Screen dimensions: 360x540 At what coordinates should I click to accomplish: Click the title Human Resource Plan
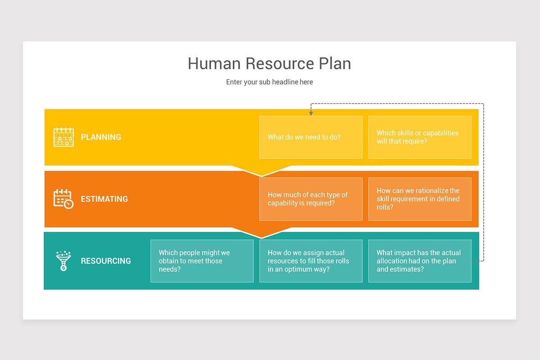pyautogui.click(x=269, y=63)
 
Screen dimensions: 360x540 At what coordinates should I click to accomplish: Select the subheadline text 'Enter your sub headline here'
pyautogui.click(x=269, y=82)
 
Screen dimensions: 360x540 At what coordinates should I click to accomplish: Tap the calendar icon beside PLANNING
pyautogui.click(x=63, y=137)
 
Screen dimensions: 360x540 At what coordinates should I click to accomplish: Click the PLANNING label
pyautogui.click(x=101, y=137)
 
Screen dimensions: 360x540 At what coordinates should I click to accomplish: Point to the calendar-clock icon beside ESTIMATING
pyautogui.click(x=63, y=198)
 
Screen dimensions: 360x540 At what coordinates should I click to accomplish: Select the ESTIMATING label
pyautogui.click(x=104, y=199)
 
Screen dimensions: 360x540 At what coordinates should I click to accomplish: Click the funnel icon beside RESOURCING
pyautogui.click(x=63, y=261)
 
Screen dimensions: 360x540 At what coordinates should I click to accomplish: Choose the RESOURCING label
pyautogui.click(x=106, y=261)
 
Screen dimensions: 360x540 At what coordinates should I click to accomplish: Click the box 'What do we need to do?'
pyautogui.click(x=310, y=137)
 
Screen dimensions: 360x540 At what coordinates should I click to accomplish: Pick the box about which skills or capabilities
pyautogui.click(x=419, y=137)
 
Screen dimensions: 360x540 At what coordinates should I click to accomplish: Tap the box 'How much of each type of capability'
pyautogui.click(x=310, y=199)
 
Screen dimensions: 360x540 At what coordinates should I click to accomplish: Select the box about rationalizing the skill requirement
pyautogui.click(x=419, y=199)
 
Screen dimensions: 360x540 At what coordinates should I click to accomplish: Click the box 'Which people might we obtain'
pyautogui.click(x=202, y=261)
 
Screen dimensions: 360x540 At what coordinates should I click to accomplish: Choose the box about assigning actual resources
pyautogui.click(x=310, y=261)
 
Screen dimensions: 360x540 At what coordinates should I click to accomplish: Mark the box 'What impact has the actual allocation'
pyautogui.click(x=419, y=261)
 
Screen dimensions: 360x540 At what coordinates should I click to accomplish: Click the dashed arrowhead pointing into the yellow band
pyautogui.click(x=310, y=113)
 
